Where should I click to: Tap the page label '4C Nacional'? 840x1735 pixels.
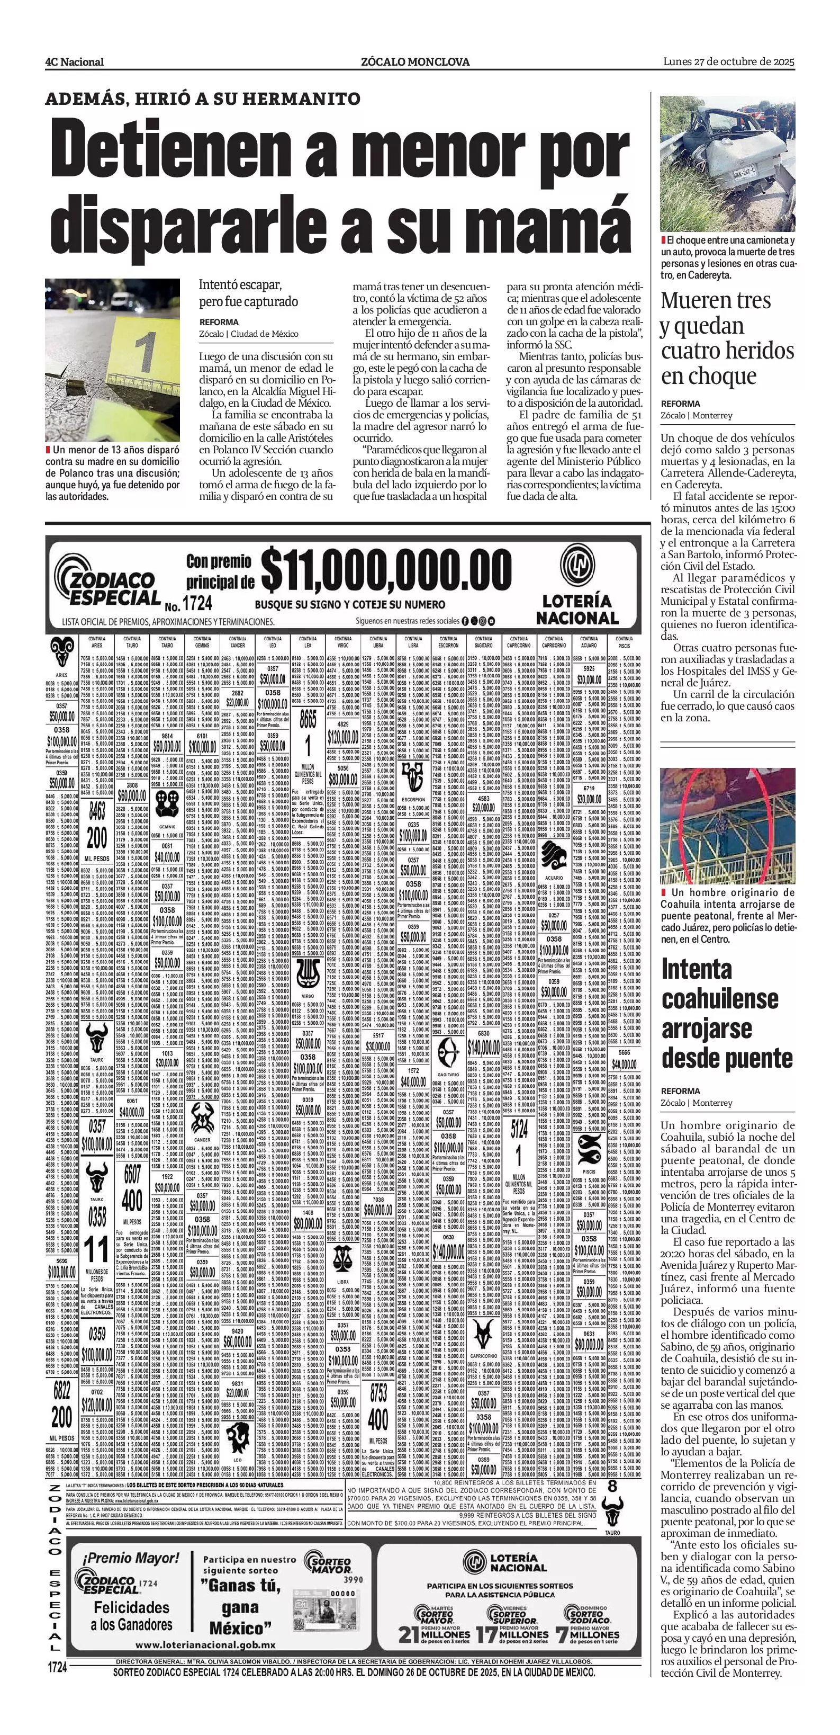[x=75, y=62]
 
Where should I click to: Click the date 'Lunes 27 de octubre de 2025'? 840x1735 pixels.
[x=729, y=61]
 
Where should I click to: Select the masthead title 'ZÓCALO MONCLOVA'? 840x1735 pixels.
[x=416, y=62]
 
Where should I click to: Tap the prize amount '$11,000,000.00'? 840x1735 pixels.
[x=386, y=570]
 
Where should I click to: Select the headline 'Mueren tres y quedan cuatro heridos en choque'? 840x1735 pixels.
[x=727, y=337]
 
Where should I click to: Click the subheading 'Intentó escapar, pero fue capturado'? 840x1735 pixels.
[x=248, y=293]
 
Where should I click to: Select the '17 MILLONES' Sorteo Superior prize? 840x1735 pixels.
[x=511, y=1634]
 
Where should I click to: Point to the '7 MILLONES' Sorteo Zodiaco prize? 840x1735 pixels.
[x=588, y=1634]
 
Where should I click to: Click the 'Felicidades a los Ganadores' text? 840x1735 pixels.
[x=131, y=1616]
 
